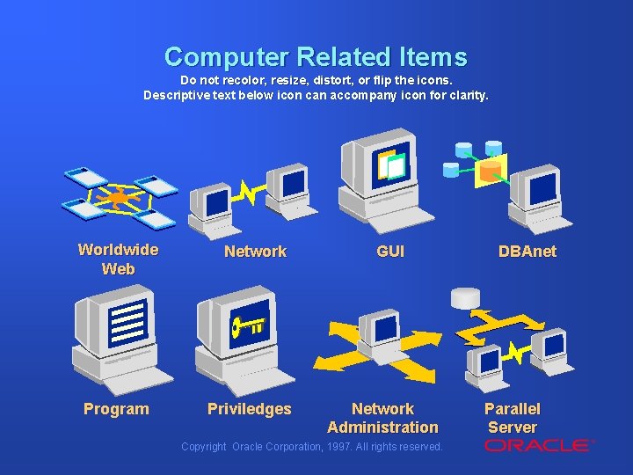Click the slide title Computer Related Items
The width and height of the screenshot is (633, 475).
(316, 57)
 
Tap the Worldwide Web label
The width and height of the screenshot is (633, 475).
(118, 259)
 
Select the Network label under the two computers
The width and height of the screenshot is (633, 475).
(255, 252)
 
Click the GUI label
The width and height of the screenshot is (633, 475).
(390, 252)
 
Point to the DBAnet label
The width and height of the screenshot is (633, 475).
(527, 252)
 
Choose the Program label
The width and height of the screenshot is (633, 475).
(116, 409)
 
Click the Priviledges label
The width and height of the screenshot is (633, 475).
(249, 409)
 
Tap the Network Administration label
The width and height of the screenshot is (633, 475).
(382, 418)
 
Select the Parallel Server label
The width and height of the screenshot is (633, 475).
(512, 418)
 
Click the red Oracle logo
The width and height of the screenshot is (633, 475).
(538, 445)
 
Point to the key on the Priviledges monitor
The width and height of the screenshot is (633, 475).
(247, 327)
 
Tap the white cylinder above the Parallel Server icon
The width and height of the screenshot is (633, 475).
(465, 298)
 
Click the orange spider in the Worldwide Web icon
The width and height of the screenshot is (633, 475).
(118, 199)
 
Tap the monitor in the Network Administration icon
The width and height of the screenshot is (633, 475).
(384, 329)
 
